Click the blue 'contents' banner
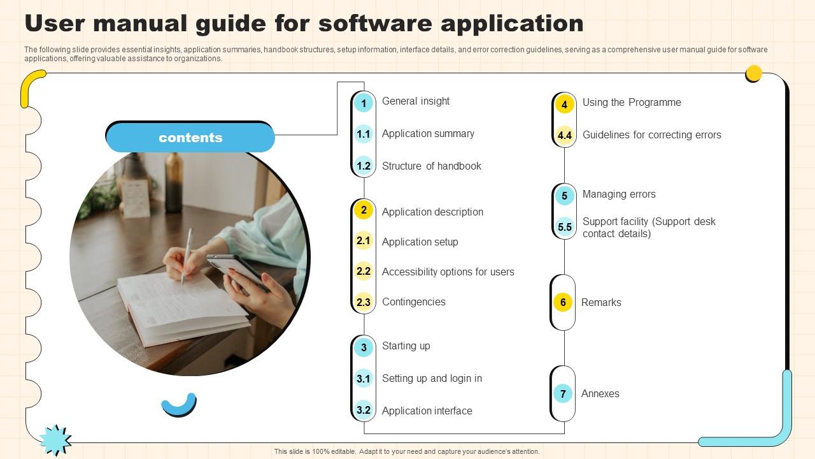(x=190, y=137)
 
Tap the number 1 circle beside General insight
(x=364, y=103)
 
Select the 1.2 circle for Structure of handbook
(x=364, y=166)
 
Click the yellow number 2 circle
(x=364, y=210)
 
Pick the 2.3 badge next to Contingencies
(x=364, y=302)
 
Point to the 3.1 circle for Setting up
(x=364, y=379)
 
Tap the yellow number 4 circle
(x=564, y=104)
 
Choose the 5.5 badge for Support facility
(x=564, y=227)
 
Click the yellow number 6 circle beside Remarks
(x=563, y=302)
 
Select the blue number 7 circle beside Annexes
(x=563, y=393)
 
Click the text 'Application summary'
(x=428, y=134)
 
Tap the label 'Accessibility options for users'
(x=448, y=272)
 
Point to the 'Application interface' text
(x=427, y=411)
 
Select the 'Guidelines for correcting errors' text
(x=651, y=135)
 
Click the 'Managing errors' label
(x=619, y=194)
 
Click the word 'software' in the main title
(x=376, y=24)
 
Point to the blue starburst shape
(x=55, y=440)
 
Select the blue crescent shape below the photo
(x=179, y=407)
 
